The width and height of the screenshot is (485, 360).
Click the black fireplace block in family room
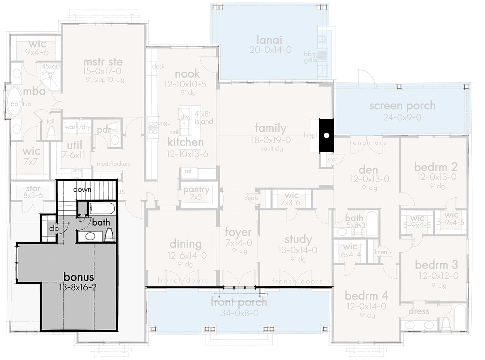tap(327, 135)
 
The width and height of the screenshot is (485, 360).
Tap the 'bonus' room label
tap(79, 277)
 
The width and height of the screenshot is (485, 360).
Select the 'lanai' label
tap(269, 40)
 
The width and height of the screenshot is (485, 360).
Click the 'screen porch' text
tap(402, 106)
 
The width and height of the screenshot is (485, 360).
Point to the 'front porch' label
tap(238, 302)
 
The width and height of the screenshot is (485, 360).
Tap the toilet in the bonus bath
tap(108, 234)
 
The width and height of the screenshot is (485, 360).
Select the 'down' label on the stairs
tap(82, 189)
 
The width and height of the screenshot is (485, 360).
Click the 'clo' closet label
tap(54, 229)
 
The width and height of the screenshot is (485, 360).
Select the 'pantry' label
tap(196, 190)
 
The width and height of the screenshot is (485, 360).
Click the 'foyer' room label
tap(238, 233)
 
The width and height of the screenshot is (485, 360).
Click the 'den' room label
tap(367, 168)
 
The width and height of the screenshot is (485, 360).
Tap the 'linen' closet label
tap(381, 252)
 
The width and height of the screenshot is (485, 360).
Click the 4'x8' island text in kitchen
tap(203, 118)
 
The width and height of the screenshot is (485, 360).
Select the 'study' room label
tap(298, 239)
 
